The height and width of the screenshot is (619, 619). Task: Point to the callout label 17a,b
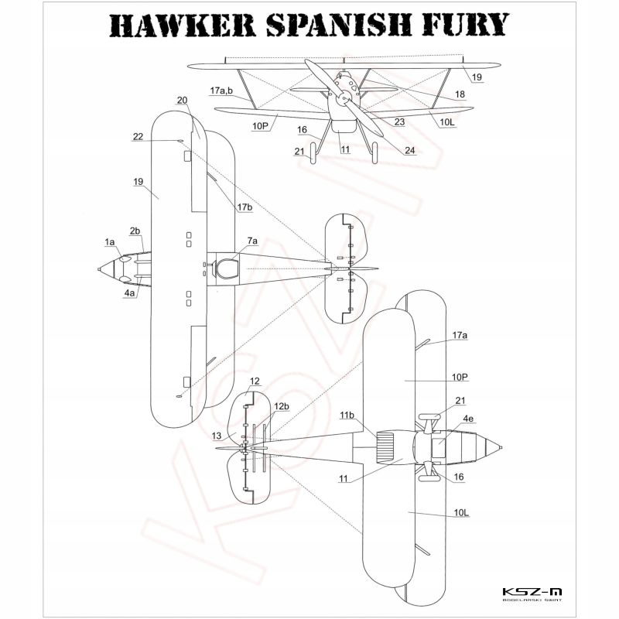221,91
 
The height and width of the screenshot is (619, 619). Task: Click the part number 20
183,101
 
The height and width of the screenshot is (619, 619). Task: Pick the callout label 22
138,136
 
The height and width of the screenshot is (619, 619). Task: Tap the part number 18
460,94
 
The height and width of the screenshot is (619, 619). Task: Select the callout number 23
399,121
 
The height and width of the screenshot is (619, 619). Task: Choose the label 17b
245,207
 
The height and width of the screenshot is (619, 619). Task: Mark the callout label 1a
110,243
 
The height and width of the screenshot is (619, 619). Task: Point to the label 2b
135,231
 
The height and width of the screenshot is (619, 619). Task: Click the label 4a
130,294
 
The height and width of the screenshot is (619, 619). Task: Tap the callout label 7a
253,242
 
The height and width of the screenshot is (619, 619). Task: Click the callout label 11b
347,416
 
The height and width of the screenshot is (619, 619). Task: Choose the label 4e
469,419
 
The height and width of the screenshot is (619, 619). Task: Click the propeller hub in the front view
342,98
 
